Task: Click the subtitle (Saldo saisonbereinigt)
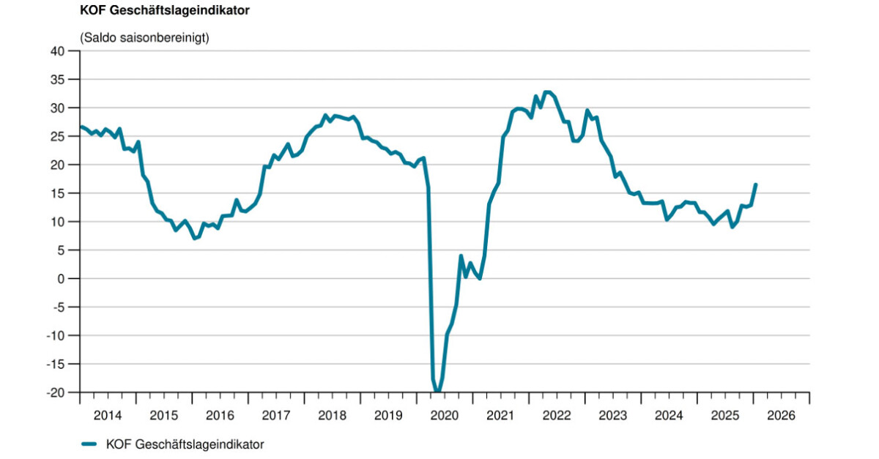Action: (144, 38)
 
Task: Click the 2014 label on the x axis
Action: (108, 415)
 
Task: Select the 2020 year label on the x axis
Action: (445, 415)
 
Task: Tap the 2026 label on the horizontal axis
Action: (782, 415)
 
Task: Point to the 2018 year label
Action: (333, 415)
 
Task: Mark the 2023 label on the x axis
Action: (613, 415)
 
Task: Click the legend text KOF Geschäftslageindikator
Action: (185, 444)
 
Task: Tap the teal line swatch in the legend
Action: (89, 444)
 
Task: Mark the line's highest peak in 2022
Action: (546, 92)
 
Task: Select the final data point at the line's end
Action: (755, 184)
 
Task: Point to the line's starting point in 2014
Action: (81, 127)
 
